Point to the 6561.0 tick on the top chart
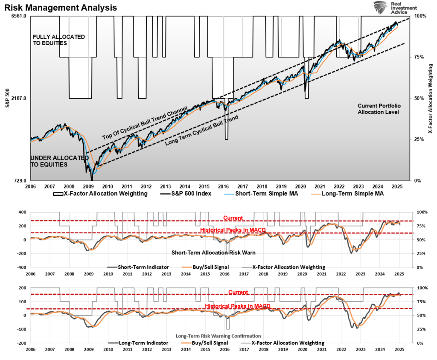point(19,16)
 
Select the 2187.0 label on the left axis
point(19,98)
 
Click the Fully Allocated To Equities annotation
point(58,40)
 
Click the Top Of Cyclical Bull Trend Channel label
point(145,124)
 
